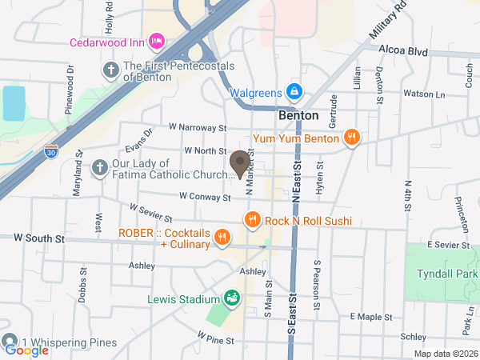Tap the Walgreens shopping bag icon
[x=294, y=92]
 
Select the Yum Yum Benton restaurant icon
[x=350, y=138]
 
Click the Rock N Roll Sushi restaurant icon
[x=252, y=219]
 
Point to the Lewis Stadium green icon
[x=231, y=300]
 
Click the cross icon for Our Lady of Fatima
[x=99, y=167]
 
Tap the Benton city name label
[x=298, y=115]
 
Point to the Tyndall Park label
[x=447, y=274]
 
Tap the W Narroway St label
[x=198, y=127]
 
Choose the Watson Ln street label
[x=424, y=94]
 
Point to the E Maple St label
[x=372, y=318]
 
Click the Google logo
[x=26, y=350]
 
